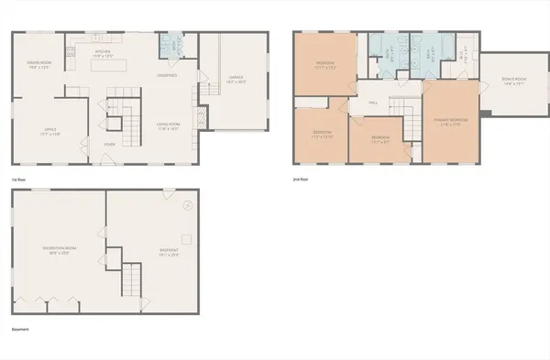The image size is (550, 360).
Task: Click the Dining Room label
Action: click(x=39, y=64)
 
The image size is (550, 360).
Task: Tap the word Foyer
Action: click(x=109, y=145)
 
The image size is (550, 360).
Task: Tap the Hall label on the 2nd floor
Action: click(x=374, y=104)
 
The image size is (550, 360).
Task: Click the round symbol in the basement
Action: click(x=188, y=204)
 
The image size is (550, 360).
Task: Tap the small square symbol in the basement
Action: click(x=186, y=239)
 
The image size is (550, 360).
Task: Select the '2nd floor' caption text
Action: click(x=300, y=180)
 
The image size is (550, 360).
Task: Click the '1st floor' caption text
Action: click(x=18, y=180)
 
